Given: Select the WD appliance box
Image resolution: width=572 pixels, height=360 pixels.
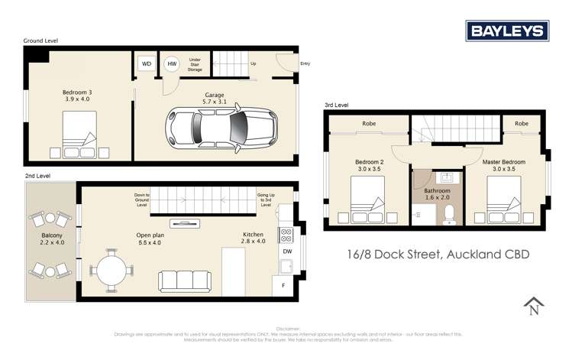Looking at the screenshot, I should [x=146, y=64].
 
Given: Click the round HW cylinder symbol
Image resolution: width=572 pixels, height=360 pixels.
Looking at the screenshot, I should [x=173, y=64].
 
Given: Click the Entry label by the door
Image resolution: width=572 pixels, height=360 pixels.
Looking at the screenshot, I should [x=305, y=64].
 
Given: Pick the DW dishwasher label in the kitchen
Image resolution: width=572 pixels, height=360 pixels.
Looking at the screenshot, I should [x=287, y=249].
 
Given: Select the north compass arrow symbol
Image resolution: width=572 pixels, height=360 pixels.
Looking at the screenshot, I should [x=531, y=306].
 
